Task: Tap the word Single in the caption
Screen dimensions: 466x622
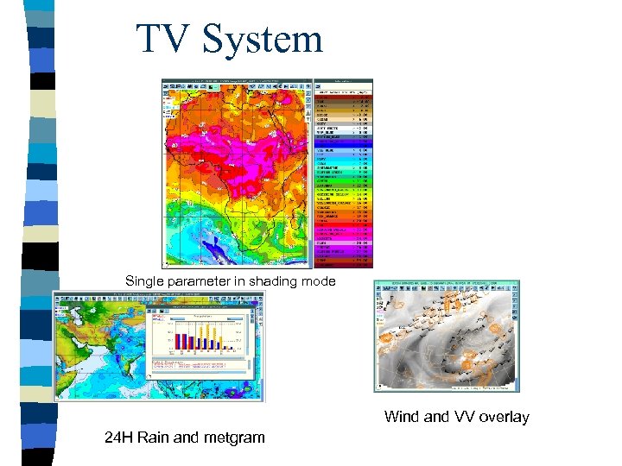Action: (x=144, y=280)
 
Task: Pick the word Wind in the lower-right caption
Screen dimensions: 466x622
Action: (x=402, y=417)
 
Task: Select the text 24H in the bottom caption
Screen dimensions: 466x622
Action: (x=119, y=438)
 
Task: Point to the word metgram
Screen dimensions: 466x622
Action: (x=234, y=438)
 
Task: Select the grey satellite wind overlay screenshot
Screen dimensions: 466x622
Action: (x=446, y=336)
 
